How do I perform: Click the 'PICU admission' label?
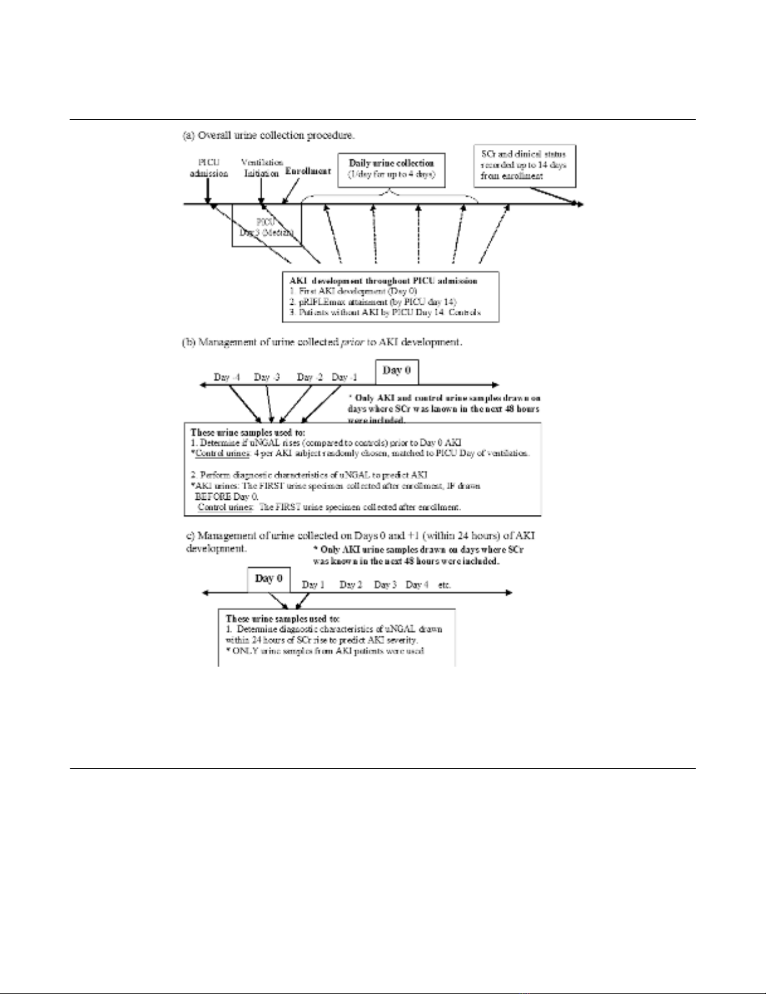[x=208, y=167]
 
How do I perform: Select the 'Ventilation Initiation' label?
[x=262, y=167]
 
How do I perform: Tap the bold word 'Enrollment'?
[x=308, y=171]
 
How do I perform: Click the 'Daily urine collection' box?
[x=391, y=169]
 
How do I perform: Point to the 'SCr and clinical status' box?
[x=524, y=165]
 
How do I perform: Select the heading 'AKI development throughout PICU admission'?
[x=383, y=281]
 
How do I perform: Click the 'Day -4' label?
[x=226, y=377]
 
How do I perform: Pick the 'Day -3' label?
[x=267, y=377]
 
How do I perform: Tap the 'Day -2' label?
[x=310, y=377]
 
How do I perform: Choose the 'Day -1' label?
[x=344, y=377]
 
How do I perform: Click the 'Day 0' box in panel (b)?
[x=396, y=371]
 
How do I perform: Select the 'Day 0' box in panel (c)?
[x=269, y=578]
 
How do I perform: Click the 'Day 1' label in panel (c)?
[x=313, y=584]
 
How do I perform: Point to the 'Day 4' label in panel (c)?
[x=417, y=584]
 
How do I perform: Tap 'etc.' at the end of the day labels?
[x=444, y=584]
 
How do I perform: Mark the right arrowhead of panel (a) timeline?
[x=580, y=204]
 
